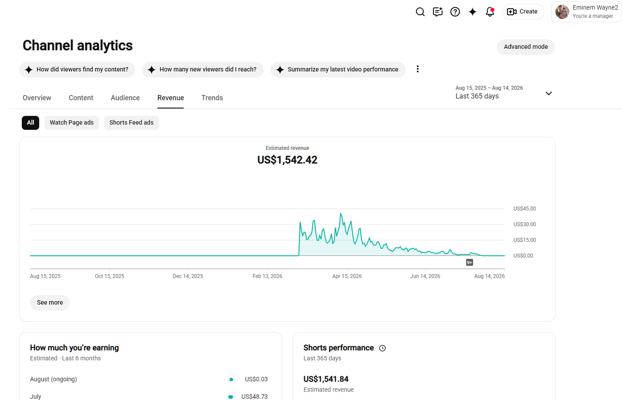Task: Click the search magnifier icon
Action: click(420, 12)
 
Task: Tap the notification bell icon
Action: click(490, 12)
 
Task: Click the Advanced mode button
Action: click(526, 47)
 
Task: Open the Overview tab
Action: click(37, 98)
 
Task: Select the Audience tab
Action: click(125, 98)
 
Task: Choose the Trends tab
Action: click(212, 98)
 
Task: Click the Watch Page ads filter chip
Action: click(71, 122)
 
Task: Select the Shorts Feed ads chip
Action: click(132, 122)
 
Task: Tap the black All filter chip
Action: click(30, 122)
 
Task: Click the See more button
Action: click(50, 302)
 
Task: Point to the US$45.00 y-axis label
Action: click(524, 209)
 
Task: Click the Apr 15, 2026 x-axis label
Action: click(347, 276)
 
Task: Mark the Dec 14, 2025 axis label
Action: click(188, 276)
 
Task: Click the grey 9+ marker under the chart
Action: click(469, 262)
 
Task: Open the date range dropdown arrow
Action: click(549, 94)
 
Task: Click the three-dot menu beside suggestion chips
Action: click(418, 69)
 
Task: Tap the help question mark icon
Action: click(455, 12)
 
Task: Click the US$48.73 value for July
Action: click(254, 397)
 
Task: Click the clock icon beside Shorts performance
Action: click(382, 348)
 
